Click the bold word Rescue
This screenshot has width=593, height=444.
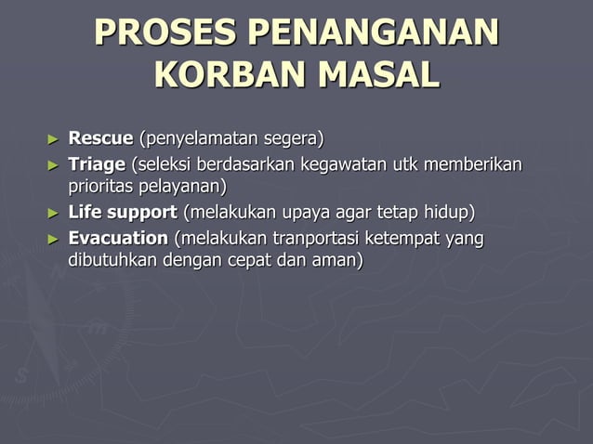100,140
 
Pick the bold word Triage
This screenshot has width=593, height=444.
97,165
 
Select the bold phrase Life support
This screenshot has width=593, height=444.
123,214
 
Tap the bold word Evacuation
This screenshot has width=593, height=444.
118,239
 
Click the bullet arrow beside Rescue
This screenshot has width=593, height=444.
53,140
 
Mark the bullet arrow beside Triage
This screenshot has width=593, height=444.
53,165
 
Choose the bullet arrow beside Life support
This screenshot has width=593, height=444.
53,214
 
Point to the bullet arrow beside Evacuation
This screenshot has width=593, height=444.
53,239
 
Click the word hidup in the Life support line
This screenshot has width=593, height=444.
449,214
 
